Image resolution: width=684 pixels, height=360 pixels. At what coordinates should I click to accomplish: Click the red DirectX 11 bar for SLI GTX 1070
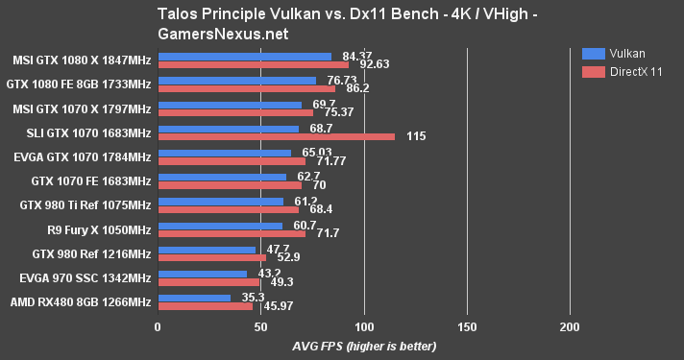pyautogui.click(x=276, y=136)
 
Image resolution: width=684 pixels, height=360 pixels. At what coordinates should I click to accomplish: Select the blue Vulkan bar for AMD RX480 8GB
pyautogui.click(x=193, y=297)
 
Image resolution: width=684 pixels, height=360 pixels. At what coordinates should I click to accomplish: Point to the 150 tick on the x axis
pyautogui.click(x=467, y=327)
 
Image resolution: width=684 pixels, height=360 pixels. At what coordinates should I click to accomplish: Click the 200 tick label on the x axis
pyautogui.click(x=570, y=327)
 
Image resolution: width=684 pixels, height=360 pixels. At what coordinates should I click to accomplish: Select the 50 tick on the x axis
pyautogui.click(x=260, y=327)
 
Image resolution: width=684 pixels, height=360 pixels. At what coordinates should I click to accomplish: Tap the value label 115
pyautogui.click(x=416, y=136)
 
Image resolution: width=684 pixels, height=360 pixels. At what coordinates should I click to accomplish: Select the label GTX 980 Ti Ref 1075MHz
pyautogui.click(x=85, y=204)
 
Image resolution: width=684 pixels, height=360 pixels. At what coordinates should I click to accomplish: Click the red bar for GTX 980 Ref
pyautogui.click(x=211, y=257)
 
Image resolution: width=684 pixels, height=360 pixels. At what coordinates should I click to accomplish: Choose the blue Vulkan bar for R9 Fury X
pyautogui.click(x=220, y=225)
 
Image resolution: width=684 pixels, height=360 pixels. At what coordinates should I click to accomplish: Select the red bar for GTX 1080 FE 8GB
pyautogui.click(x=246, y=88)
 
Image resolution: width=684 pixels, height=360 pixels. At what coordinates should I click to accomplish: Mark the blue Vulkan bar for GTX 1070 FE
pyautogui.click(x=222, y=177)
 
